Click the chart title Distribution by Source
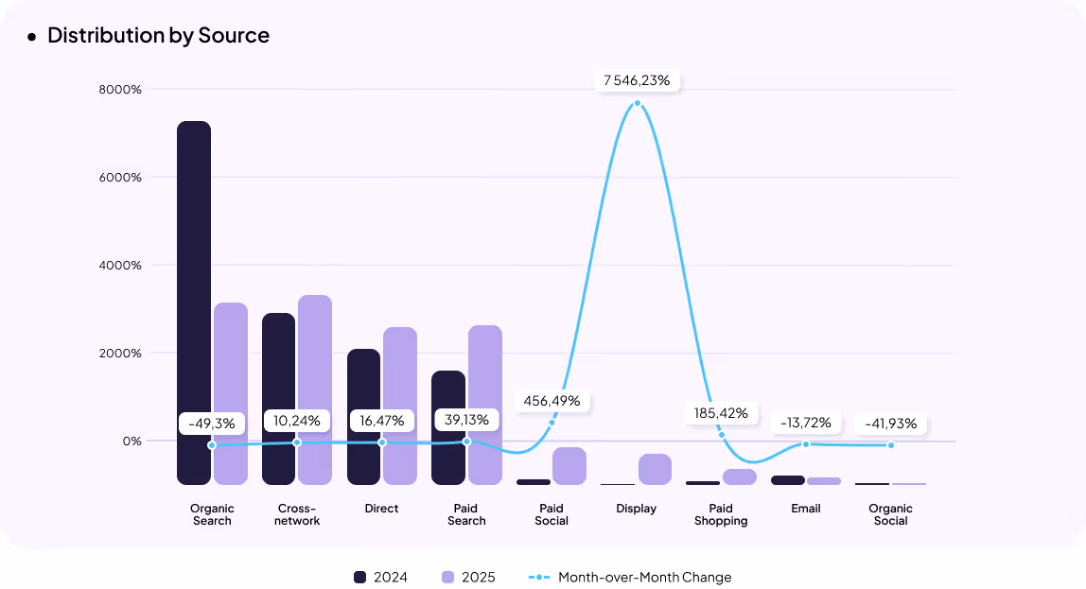coord(158,36)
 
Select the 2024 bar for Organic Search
coord(194,303)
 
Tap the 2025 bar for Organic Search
coord(231,393)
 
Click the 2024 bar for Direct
coord(363,416)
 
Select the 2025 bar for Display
coord(655,469)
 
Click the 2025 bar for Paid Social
coord(569,465)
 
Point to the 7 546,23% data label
coord(637,80)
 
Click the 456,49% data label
coord(552,401)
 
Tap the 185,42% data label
coord(722,413)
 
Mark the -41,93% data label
coord(890,424)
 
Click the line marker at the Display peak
coord(638,103)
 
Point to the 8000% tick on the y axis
coord(120,90)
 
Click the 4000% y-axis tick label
coord(120,266)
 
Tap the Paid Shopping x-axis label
coord(721,514)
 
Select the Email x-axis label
coord(806,509)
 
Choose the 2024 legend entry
coord(380,577)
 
